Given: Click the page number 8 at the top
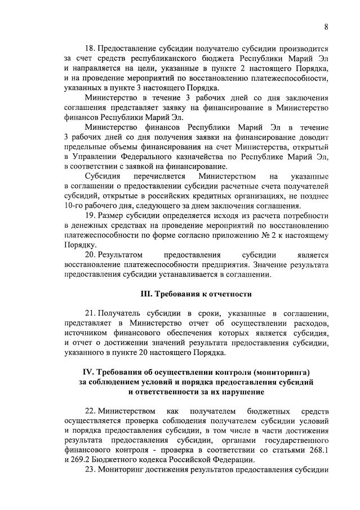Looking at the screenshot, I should pos(326,26).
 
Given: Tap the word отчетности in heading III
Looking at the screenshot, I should pos(228,294).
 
